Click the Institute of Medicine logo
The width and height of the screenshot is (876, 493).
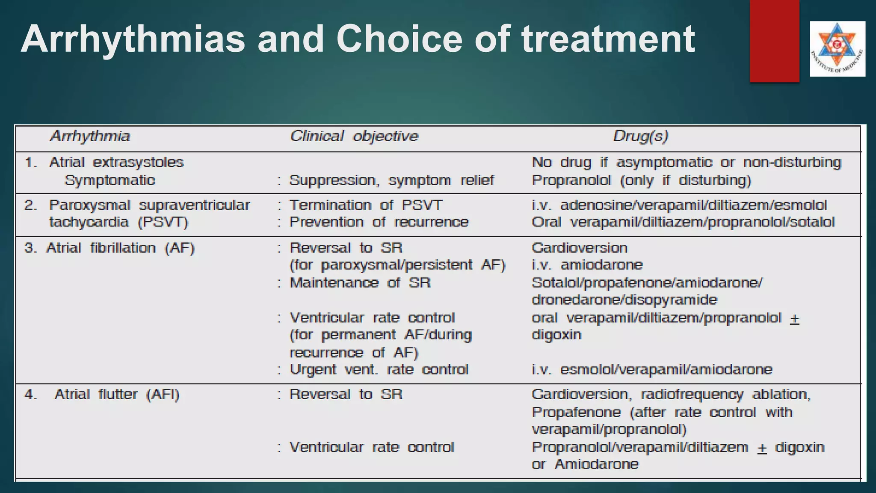point(837,48)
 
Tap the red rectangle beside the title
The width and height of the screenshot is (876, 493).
point(774,41)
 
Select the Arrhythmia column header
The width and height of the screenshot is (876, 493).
point(90,136)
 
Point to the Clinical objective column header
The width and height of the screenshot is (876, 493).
point(354,136)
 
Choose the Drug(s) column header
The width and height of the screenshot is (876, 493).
point(640,136)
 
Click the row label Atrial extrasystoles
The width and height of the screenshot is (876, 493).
point(116,163)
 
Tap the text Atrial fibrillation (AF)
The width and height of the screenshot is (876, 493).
point(121,248)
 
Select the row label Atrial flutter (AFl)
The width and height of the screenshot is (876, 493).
point(117,394)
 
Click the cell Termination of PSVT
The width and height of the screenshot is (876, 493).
point(366,205)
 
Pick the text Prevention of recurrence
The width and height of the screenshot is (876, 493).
point(379,222)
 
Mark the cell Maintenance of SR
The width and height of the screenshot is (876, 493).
point(360,283)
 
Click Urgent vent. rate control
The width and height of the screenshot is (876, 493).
point(379,369)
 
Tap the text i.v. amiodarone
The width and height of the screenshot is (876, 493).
point(587,265)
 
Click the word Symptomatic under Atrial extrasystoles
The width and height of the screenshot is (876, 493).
point(110,180)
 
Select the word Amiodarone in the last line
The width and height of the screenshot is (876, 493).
point(596,464)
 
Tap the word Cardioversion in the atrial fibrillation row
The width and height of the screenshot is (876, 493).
point(580,248)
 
